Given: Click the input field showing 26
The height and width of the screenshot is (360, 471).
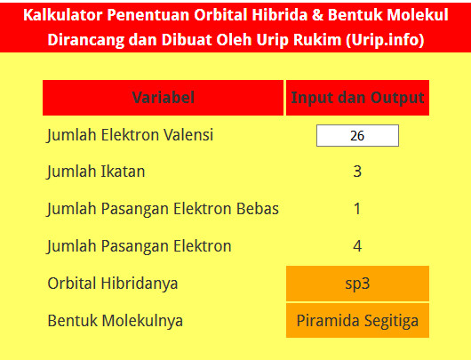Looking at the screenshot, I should pyautogui.click(x=357, y=136).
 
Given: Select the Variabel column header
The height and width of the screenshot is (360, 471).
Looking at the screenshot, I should pyautogui.click(x=164, y=98).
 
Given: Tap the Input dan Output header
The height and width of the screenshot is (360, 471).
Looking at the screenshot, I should pyautogui.click(x=357, y=98).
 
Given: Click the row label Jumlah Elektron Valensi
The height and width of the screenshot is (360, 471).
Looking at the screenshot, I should pyautogui.click(x=131, y=135).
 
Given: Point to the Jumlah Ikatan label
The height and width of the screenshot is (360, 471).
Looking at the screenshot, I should pyautogui.click(x=96, y=172).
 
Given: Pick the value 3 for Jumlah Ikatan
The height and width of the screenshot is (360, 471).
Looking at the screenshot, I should pyautogui.click(x=357, y=172).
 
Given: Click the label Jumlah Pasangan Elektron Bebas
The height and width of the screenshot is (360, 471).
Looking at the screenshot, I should pyautogui.click(x=164, y=209).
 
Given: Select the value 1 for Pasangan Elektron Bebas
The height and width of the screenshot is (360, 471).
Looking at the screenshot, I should pyautogui.click(x=357, y=209).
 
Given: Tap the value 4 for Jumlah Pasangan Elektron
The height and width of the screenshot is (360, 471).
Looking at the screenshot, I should pyautogui.click(x=357, y=246).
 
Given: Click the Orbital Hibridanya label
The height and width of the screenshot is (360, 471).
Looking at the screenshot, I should pyautogui.click(x=113, y=284).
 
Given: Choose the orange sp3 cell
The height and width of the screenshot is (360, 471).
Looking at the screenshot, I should pyautogui.click(x=357, y=284).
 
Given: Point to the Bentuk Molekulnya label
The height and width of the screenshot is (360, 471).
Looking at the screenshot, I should pyautogui.click(x=116, y=320).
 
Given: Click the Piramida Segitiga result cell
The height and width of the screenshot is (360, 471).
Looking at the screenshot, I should pyautogui.click(x=357, y=320).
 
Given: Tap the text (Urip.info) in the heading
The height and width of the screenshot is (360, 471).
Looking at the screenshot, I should pyautogui.click(x=382, y=41).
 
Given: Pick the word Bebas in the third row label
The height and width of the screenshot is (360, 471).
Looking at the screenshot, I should pyautogui.click(x=258, y=209).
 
